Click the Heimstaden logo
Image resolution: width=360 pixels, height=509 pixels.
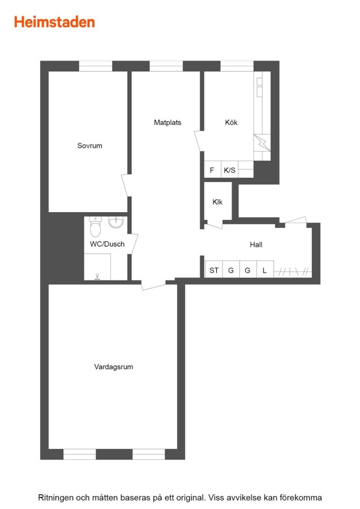point(54,22)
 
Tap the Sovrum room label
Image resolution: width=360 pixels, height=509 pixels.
point(89,146)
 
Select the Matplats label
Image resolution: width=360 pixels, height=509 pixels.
point(168,122)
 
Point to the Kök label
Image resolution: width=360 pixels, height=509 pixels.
point(231,122)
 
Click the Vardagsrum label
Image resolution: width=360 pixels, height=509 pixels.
point(113,367)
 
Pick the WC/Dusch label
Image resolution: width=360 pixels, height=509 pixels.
point(107,244)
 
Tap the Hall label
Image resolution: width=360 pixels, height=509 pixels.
point(256,245)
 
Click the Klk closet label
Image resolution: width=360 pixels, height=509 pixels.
point(217,202)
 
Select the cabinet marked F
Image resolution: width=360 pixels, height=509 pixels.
point(212,170)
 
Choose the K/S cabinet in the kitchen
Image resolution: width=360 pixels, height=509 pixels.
point(229,170)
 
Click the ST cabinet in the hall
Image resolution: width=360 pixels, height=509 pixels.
point(214,269)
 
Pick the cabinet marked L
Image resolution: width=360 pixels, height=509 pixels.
point(265,269)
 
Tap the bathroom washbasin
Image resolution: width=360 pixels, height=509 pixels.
point(116,223)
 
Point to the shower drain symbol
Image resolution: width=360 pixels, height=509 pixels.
point(97,277)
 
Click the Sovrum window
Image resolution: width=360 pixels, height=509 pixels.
point(96,66)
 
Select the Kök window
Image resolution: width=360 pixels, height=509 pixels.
point(237,66)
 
